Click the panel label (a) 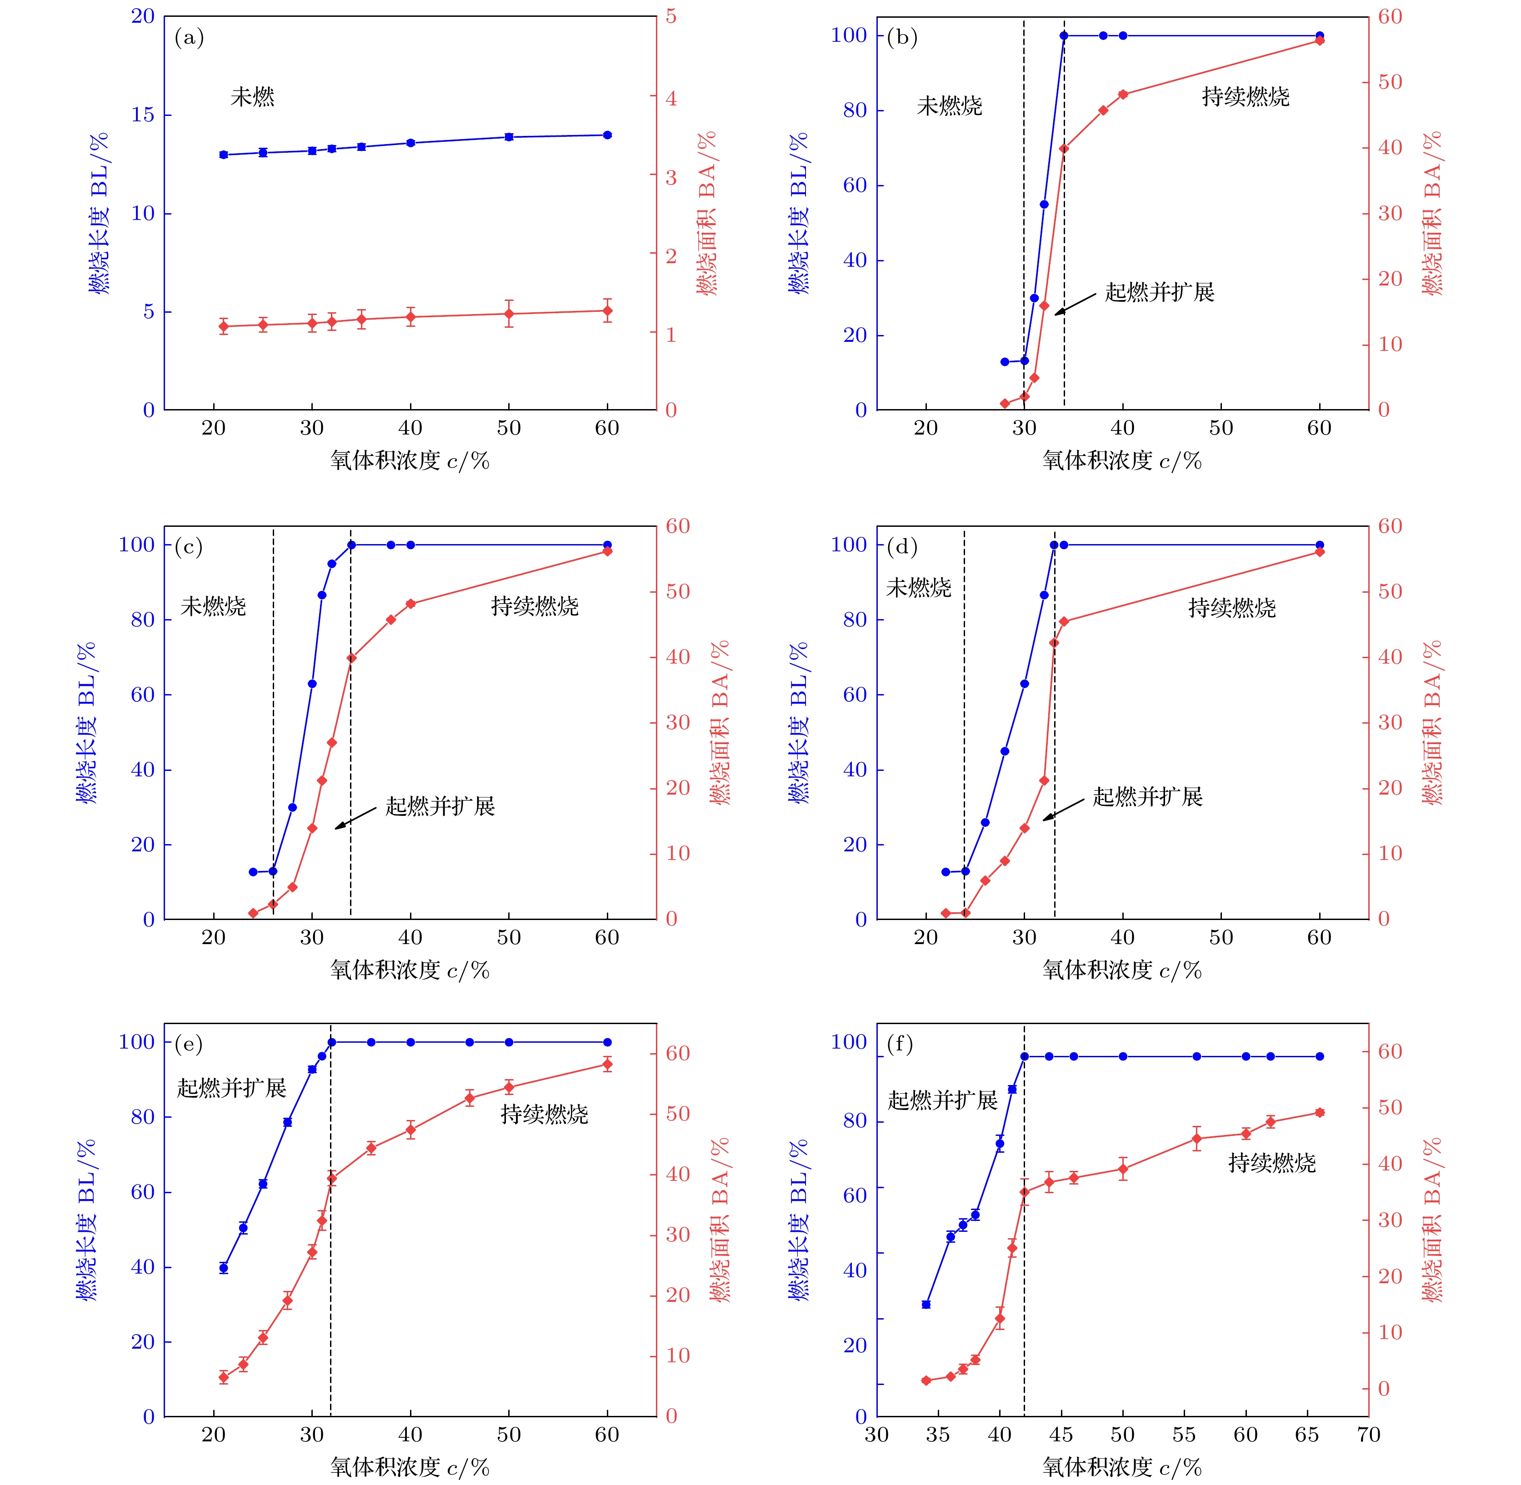pos(189,37)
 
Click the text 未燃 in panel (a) pos(252,97)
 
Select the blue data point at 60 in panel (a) pos(608,135)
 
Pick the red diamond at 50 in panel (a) pos(509,314)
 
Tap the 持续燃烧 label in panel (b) pos(1245,97)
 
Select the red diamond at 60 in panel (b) pos(1320,40)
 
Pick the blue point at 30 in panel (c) pos(312,684)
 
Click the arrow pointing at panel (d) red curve pos(1063,809)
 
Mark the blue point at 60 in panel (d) pos(1320,545)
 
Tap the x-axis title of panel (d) pos(1121,970)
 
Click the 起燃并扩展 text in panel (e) pos(232,1088)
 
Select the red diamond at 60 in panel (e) pos(608,1065)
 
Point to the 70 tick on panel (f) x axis pos(1369,1435)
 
